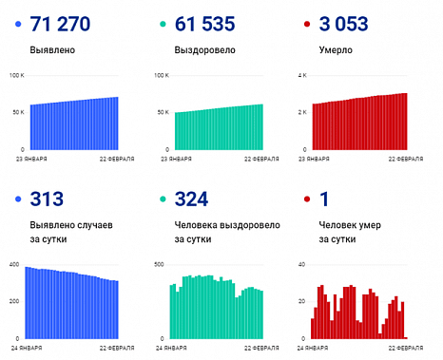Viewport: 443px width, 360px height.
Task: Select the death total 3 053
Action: pyautogui.click(x=351, y=23)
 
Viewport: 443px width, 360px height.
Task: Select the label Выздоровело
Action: pyautogui.click(x=202, y=47)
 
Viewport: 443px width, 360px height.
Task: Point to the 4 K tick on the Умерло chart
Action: pyautogui.click(x=302, y=75)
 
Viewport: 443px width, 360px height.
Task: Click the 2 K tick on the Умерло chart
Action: pyautogui.click(x=302, y=112)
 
